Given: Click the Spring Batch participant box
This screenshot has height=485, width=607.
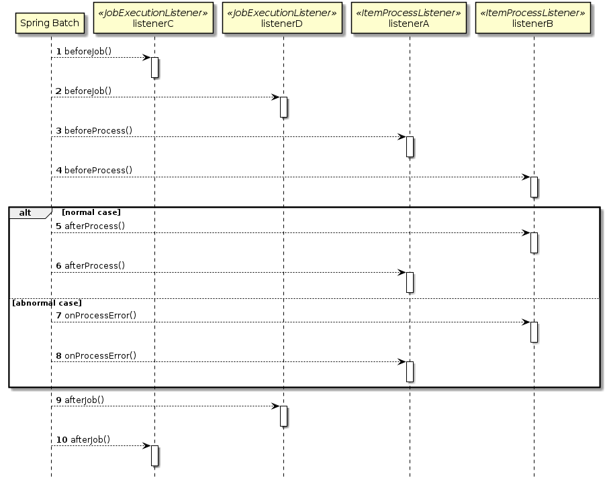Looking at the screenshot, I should click(50, 24).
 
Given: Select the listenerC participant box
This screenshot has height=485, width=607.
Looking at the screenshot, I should click(154, 19).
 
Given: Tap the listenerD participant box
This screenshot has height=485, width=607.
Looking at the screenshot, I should click(283, 19).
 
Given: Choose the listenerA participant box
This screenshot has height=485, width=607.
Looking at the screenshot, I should click(409, 19).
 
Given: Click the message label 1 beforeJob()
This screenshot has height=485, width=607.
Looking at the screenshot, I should click(83, 52).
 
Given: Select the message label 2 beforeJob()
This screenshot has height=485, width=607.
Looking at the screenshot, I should click(83, 91).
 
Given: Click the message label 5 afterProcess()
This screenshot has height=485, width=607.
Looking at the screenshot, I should click(90, 226).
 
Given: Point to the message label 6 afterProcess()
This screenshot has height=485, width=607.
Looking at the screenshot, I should click(90, 265).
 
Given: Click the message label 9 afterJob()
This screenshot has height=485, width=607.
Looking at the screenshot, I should click(80, 400).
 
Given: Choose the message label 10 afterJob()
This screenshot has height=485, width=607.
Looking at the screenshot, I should click(83, 439).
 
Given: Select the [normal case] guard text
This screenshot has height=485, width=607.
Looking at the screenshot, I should click(91, 212).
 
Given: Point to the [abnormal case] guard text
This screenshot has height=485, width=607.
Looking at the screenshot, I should click(47, 303).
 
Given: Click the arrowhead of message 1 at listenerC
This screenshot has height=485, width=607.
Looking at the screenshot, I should click(146, 58).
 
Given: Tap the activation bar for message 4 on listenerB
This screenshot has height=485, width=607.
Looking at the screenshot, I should click(534, 187).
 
